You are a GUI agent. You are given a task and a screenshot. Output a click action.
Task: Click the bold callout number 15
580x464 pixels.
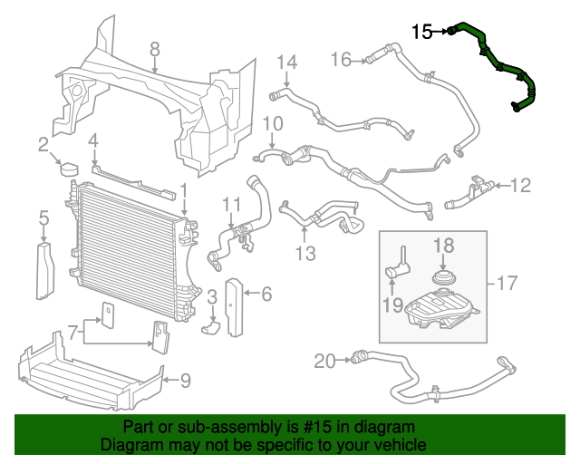[422, 32]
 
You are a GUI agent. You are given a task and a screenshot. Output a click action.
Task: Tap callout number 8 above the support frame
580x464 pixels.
[155, 49]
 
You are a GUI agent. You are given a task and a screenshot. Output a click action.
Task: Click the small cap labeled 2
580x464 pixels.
[69, 169]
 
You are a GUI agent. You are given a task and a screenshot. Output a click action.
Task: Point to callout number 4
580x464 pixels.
[93, 141]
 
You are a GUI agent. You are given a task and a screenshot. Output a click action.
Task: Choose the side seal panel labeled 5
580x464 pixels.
[45, 271]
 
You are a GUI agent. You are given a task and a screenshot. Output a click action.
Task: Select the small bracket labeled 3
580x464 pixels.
[210, 327]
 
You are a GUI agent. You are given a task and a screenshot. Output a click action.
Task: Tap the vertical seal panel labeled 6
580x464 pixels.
[234, 308]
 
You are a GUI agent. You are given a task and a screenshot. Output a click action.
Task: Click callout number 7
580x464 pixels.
[73, 333]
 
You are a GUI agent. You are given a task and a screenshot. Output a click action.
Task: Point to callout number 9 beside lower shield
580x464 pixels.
[185, 381]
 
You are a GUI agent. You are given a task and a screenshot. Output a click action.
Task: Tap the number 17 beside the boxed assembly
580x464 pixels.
[507, 284]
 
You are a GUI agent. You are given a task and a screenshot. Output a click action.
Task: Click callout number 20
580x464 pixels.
[324, 361]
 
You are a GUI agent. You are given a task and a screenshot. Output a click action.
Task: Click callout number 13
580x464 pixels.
[305, 254]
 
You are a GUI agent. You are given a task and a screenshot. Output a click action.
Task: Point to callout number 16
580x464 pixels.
[341, 60]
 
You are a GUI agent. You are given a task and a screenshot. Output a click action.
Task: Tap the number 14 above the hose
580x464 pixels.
[287, 63]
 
